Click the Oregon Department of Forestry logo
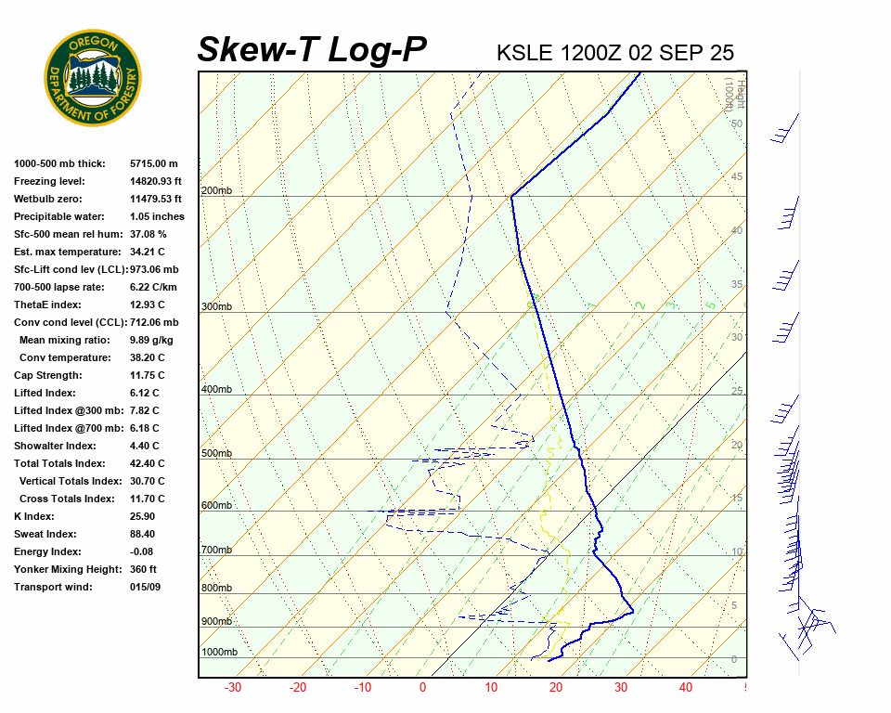[x=93, y=78]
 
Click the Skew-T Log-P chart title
[x=312, y=50]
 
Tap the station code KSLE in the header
[x=526, y=53]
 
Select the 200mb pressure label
[x=216, y=191]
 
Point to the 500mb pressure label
[x=216, y=454]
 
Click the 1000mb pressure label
[x=219, y=653]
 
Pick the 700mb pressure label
[x=216, y=551]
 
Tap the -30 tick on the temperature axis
[x=233, y=688]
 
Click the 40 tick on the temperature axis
[x=686, y=688]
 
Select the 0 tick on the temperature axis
[x=422, y=688]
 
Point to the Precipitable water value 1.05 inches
[x=157, y=216]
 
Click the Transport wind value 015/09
[x=146, y=587]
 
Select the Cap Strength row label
[x=48, y=375]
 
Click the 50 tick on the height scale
[x=737, y=123]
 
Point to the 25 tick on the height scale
[x=737, y=391]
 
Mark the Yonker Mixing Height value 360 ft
[x=143, y=569]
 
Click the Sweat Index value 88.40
[x=143, y=534]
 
